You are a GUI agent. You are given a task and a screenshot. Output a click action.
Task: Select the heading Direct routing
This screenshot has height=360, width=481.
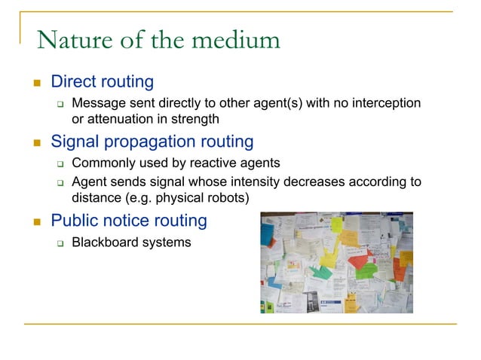click(x=102, y=81)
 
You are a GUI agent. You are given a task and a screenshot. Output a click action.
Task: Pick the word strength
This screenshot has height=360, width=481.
click(x=197, y=118)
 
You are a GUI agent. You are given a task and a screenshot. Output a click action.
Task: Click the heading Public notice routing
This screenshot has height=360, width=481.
click(x=128, y=221)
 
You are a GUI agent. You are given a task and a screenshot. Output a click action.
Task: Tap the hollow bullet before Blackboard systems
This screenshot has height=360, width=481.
click(x=61, y=243)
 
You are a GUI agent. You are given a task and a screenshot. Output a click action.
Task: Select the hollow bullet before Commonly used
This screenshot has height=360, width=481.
click(x=61, y=163)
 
